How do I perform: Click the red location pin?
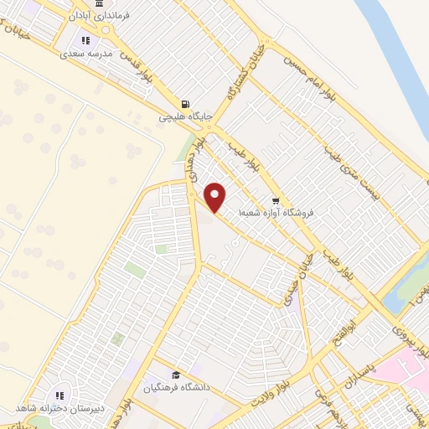click(215, 197)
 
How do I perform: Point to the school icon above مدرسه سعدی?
click(85, 39)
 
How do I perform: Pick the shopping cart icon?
click(275, 200)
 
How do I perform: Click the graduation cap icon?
click(176, 375)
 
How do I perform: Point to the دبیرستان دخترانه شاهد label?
click(56, 408)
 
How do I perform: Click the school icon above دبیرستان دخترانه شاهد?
click(59, 395)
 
